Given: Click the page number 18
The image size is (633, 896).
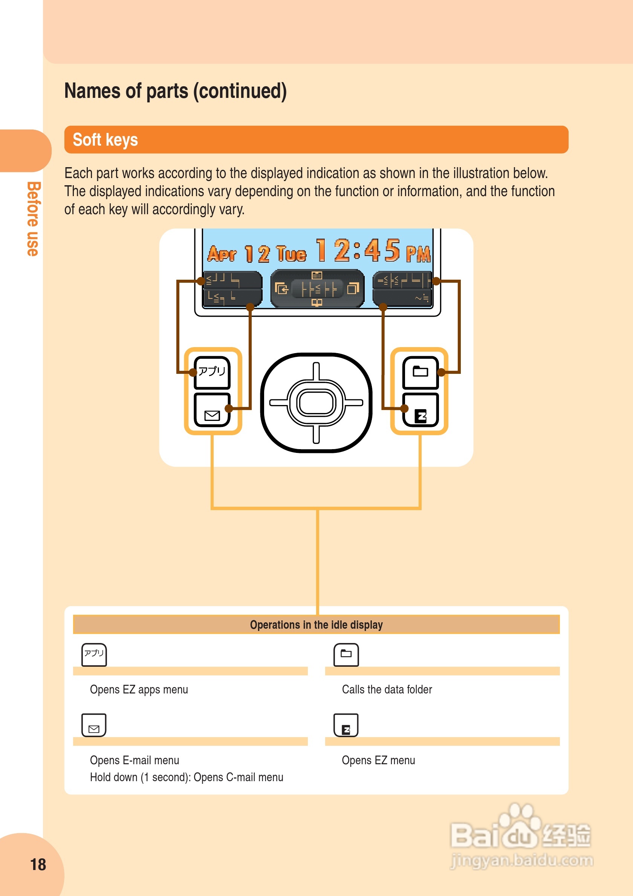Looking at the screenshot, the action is tap(38, 864).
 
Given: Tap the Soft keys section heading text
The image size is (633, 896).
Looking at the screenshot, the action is tap(105, 140).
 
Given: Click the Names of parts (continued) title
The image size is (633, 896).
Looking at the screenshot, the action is tap(175, 91).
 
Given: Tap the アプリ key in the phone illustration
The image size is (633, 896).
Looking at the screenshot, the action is tap(212, 372).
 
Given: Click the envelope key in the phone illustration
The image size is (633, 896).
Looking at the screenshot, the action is tap(212, 409).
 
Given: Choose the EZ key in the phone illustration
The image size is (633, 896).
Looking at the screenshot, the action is tap(420, 410).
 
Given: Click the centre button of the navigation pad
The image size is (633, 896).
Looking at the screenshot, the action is tap(316, 402).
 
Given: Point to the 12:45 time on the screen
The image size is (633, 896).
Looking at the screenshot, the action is tap(358, 250).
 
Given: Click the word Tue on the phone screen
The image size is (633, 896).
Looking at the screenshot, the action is tap(291, 254).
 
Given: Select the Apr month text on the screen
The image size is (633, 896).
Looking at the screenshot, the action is tap(222, 254).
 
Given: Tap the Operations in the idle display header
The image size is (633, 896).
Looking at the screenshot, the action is tap(316, 625).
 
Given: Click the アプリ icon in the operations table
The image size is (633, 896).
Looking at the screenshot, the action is tap(94, 654).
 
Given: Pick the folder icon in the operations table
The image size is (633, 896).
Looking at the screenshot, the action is tap(346, 654).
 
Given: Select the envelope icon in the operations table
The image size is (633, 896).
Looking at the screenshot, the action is tap(94, 725).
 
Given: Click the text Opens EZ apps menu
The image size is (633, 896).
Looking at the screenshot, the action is tap(139, 690).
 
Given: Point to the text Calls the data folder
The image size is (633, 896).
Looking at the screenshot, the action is tap(387, 690).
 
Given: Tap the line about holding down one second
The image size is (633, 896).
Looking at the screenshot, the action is tap(187, 777).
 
